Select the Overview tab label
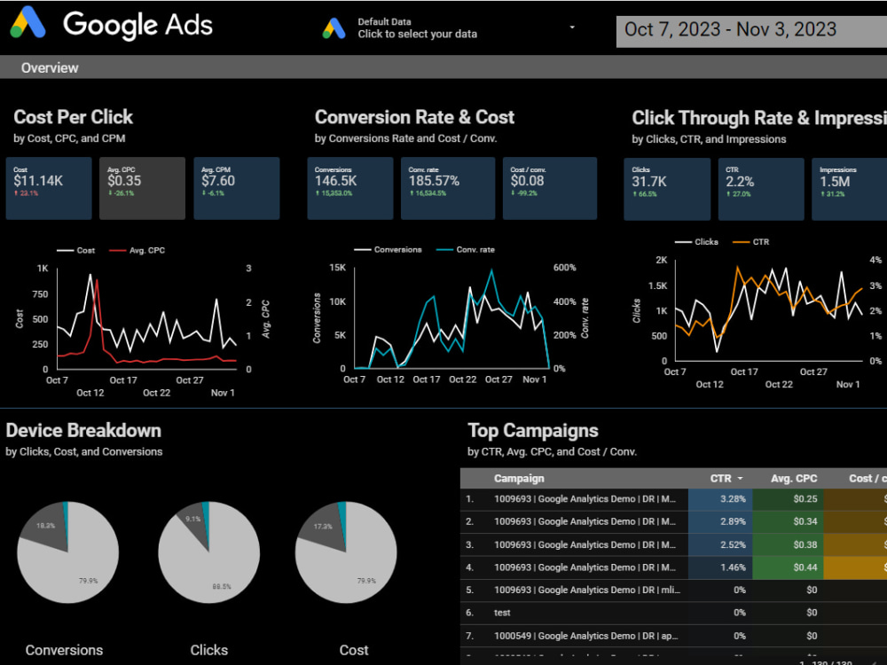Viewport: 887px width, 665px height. [50, 68]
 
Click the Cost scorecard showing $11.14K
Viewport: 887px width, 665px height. [49, 188]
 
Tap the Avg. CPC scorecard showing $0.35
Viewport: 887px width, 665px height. [142, 188]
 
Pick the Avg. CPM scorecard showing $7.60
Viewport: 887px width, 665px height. [236, 188]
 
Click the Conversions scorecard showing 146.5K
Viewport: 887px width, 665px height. [350, 188]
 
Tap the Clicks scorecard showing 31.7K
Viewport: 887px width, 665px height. [666, 188]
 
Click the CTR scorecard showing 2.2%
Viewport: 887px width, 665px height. [760, 188]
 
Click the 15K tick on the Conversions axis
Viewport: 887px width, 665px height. [336, 268]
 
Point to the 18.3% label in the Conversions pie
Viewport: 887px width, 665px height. [45, 526]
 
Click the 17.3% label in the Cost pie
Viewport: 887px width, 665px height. [322, 526]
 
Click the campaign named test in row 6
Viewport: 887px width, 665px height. [502, 613]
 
